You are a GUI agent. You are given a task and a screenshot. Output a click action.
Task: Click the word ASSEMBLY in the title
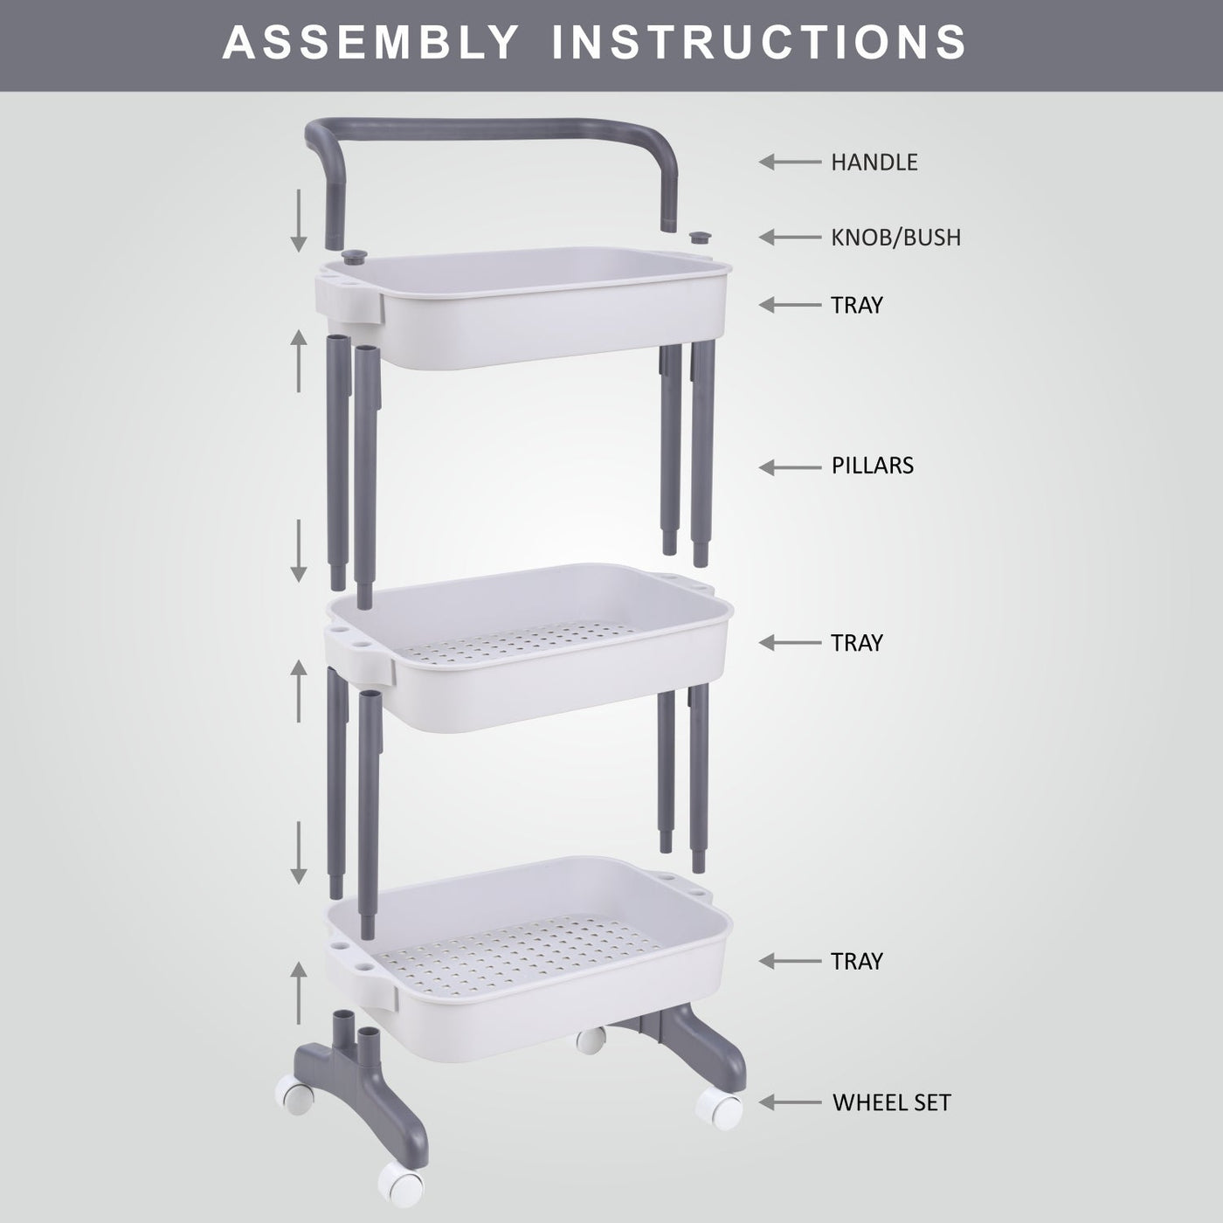point(370,43)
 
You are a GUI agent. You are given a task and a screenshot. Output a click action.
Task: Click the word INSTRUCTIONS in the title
point(759,43)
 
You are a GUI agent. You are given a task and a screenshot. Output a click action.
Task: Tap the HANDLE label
point(874,162)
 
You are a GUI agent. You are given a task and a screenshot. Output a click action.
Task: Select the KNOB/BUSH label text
point(895,238)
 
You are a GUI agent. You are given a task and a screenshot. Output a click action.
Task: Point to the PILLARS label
point(873,466)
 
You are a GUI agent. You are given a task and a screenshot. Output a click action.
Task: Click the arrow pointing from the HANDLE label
point(791,162)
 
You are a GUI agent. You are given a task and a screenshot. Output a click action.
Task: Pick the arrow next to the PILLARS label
point(791,467)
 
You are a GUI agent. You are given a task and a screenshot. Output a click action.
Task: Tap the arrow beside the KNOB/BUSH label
point(791,238)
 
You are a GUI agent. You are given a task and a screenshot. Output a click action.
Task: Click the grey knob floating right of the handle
point(701,238)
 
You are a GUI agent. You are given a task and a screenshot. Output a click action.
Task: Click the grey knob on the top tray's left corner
point(354,257)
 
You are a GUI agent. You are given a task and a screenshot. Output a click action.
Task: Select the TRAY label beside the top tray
point(857,305)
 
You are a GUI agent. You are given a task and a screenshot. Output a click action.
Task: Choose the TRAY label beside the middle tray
point(857,643)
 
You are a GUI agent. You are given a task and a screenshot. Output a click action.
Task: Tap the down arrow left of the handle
point(299,221)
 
